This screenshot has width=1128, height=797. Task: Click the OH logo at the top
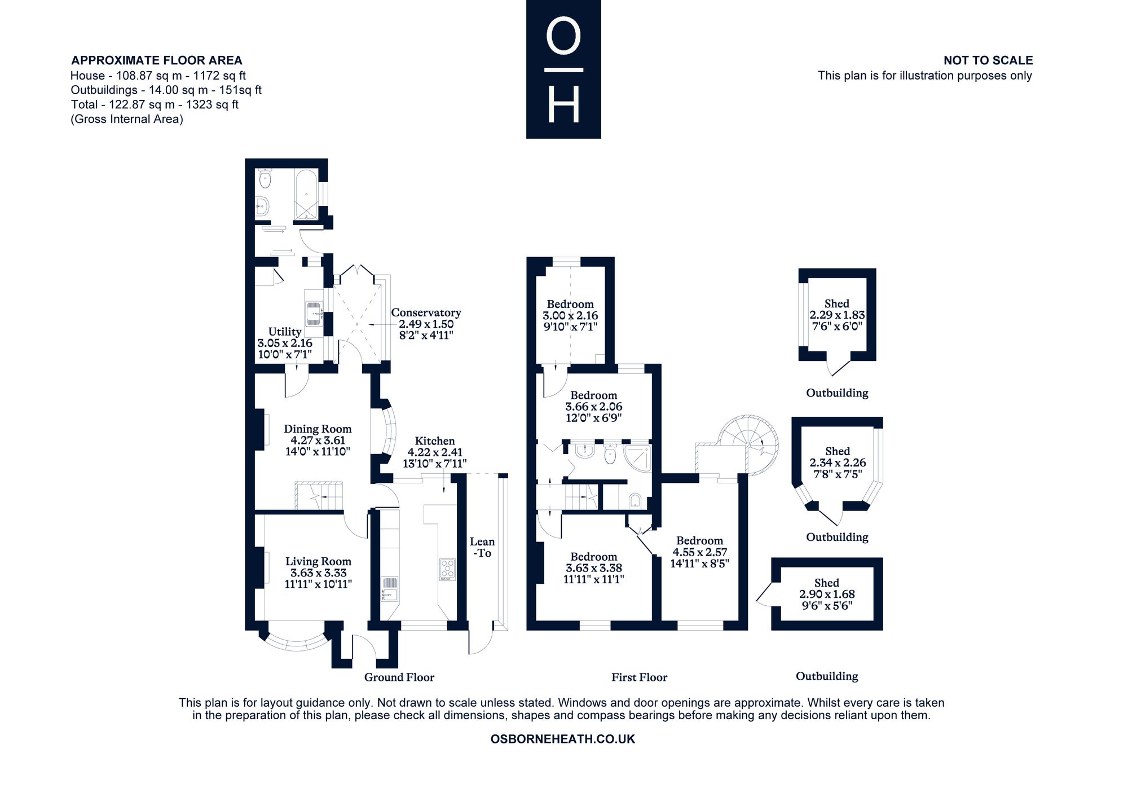(x=563, y=69)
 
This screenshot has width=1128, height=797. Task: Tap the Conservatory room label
(x=426, y=312)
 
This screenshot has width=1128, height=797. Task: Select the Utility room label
(x=285, y=332)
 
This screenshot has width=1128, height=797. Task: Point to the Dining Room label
(x=318, y=429)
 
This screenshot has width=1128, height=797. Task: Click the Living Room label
(x=318, y=561)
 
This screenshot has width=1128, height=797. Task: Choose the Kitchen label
(x=435, y=441)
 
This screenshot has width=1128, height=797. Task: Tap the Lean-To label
(x=482, y=548)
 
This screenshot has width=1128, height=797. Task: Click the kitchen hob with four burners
(x=447, y=570)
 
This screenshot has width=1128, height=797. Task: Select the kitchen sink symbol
(x=390, y=589)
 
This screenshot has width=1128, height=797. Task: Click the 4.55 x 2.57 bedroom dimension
(x=699, y=552)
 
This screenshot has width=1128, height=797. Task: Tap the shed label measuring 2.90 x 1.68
(x=827, y=583)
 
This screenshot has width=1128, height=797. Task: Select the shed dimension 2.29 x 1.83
(x=837, y=315)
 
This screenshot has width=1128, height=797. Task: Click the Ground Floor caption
(x=399, y=677)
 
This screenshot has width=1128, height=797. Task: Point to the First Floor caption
(x=639, y=677)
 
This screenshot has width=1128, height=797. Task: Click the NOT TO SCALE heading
(x=988, y=60)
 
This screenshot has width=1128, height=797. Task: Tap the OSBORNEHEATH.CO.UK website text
(x=563, y=739)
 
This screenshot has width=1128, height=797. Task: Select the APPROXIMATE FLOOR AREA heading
(x=157, y=60)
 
